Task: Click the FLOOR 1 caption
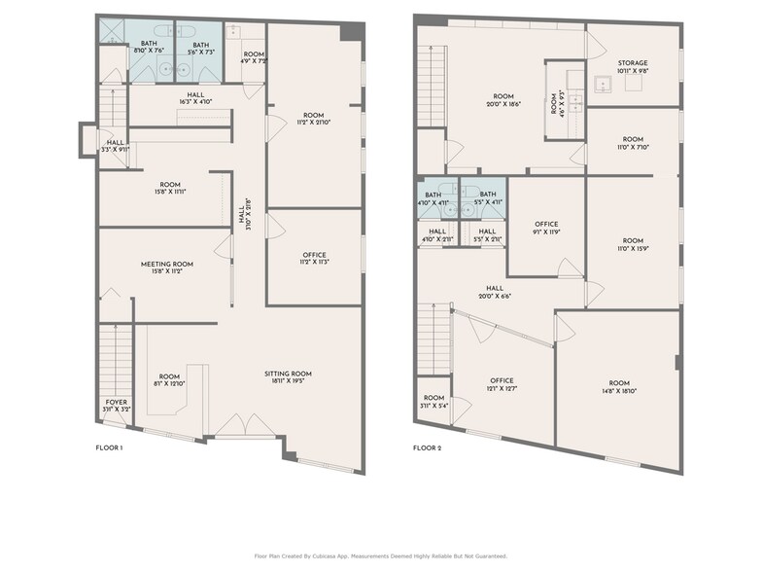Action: click(109, 448)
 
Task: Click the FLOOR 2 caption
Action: click(427, 448)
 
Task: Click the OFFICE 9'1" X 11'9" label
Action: click(546, 229)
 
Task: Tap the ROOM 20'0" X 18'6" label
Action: click(502, 100)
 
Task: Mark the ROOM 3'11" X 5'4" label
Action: click(433, 402)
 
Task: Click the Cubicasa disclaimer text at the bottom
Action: click(381, 555)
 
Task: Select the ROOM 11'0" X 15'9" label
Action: click(633, 245)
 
